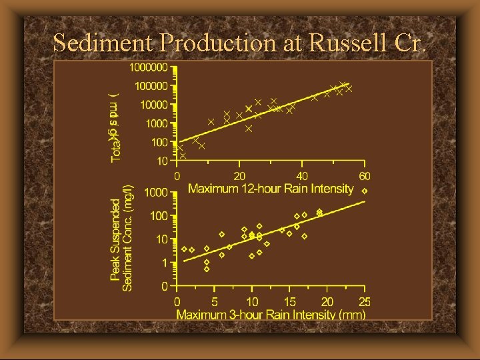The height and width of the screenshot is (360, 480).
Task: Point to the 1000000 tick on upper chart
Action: click(149, 67)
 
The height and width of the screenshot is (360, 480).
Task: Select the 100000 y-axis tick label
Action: click(151, 86)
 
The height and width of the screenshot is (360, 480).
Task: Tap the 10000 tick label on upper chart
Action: click(154, 105)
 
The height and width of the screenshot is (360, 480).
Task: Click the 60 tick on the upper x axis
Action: click(364, 176)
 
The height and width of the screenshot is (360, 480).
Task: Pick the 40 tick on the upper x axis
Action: click(301, 176)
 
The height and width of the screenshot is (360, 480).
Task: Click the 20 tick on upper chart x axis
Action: click(239, 176)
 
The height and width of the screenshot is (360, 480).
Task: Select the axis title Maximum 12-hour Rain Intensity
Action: click(270, 189)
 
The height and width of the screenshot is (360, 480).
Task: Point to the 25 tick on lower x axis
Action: click(364, 302)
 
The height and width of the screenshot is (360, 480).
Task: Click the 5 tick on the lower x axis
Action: click(215, 302)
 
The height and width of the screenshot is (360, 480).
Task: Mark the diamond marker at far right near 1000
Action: click(364, 191)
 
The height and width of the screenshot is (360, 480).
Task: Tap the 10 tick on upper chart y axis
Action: click(162, 161)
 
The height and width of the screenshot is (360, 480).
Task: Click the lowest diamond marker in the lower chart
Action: click(207, 269)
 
